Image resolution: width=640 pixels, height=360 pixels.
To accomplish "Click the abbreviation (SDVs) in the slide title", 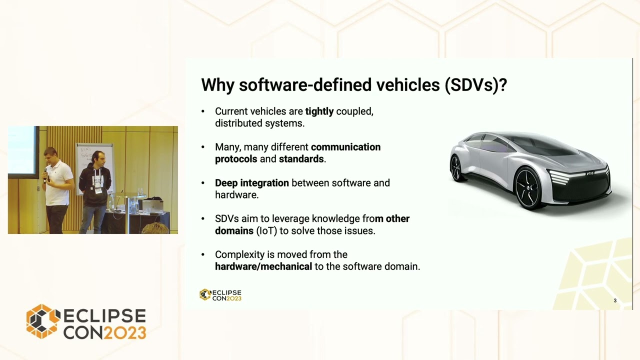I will (475, 85).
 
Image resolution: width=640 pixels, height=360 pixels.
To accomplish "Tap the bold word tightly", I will (319, 111).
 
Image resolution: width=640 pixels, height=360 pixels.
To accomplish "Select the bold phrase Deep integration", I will (251, 183).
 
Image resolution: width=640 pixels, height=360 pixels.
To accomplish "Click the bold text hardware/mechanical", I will (263, 266).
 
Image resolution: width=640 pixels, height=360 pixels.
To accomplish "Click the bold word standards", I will (301, 159).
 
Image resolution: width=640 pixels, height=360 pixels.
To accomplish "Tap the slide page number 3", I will (615, 300).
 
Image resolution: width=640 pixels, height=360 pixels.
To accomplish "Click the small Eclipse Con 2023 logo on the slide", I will (220, 295).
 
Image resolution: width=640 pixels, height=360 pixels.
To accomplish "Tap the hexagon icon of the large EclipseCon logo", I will (43, 321).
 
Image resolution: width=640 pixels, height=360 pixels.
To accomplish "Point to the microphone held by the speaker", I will (46, 173).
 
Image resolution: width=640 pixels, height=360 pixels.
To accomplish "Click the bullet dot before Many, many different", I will (203, 147).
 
